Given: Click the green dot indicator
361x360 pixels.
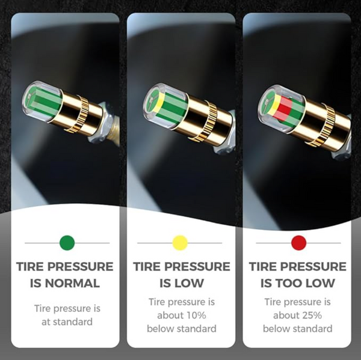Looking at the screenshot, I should tap(67, 243).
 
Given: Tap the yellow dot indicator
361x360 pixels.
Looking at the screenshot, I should tap(180, 243).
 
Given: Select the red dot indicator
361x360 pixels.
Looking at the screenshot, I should tap(298, 243).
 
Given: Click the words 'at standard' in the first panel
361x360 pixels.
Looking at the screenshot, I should tap(67, 322).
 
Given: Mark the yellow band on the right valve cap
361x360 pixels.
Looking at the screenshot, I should tap(273, 106).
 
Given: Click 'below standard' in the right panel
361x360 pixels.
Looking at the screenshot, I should tap(298, 328).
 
